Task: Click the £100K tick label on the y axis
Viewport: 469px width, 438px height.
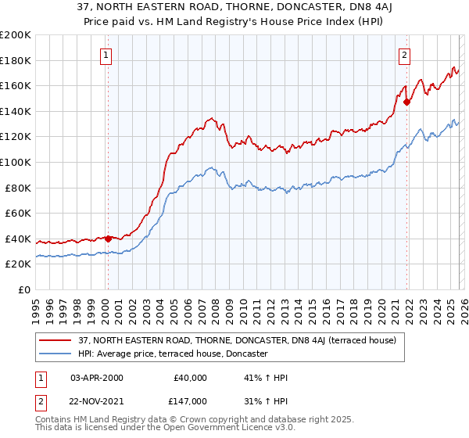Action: pos(16,162)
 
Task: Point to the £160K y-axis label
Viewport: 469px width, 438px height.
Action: pos(16,85)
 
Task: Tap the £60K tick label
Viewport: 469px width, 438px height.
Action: pos(18,213)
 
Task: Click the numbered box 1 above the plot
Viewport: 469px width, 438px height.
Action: pos(106,55)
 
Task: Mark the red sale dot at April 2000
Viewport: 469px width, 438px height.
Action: pos(108,239)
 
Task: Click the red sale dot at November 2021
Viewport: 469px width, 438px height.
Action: pos(406,101)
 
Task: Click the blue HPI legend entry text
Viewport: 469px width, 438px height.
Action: pos(173,354)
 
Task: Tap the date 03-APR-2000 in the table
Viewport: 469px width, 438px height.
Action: pos(97,378)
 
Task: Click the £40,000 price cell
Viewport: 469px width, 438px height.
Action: pos(191,378)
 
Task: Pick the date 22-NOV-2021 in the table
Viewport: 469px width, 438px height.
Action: pos(97,400)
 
